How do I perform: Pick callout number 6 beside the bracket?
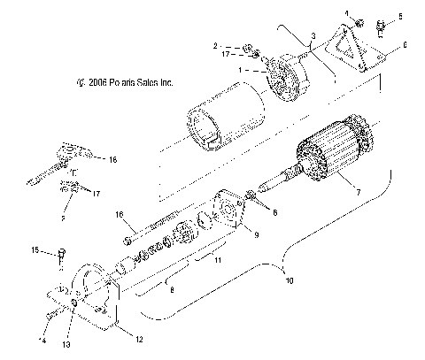404,43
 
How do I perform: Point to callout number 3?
313,34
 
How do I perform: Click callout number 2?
214,44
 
